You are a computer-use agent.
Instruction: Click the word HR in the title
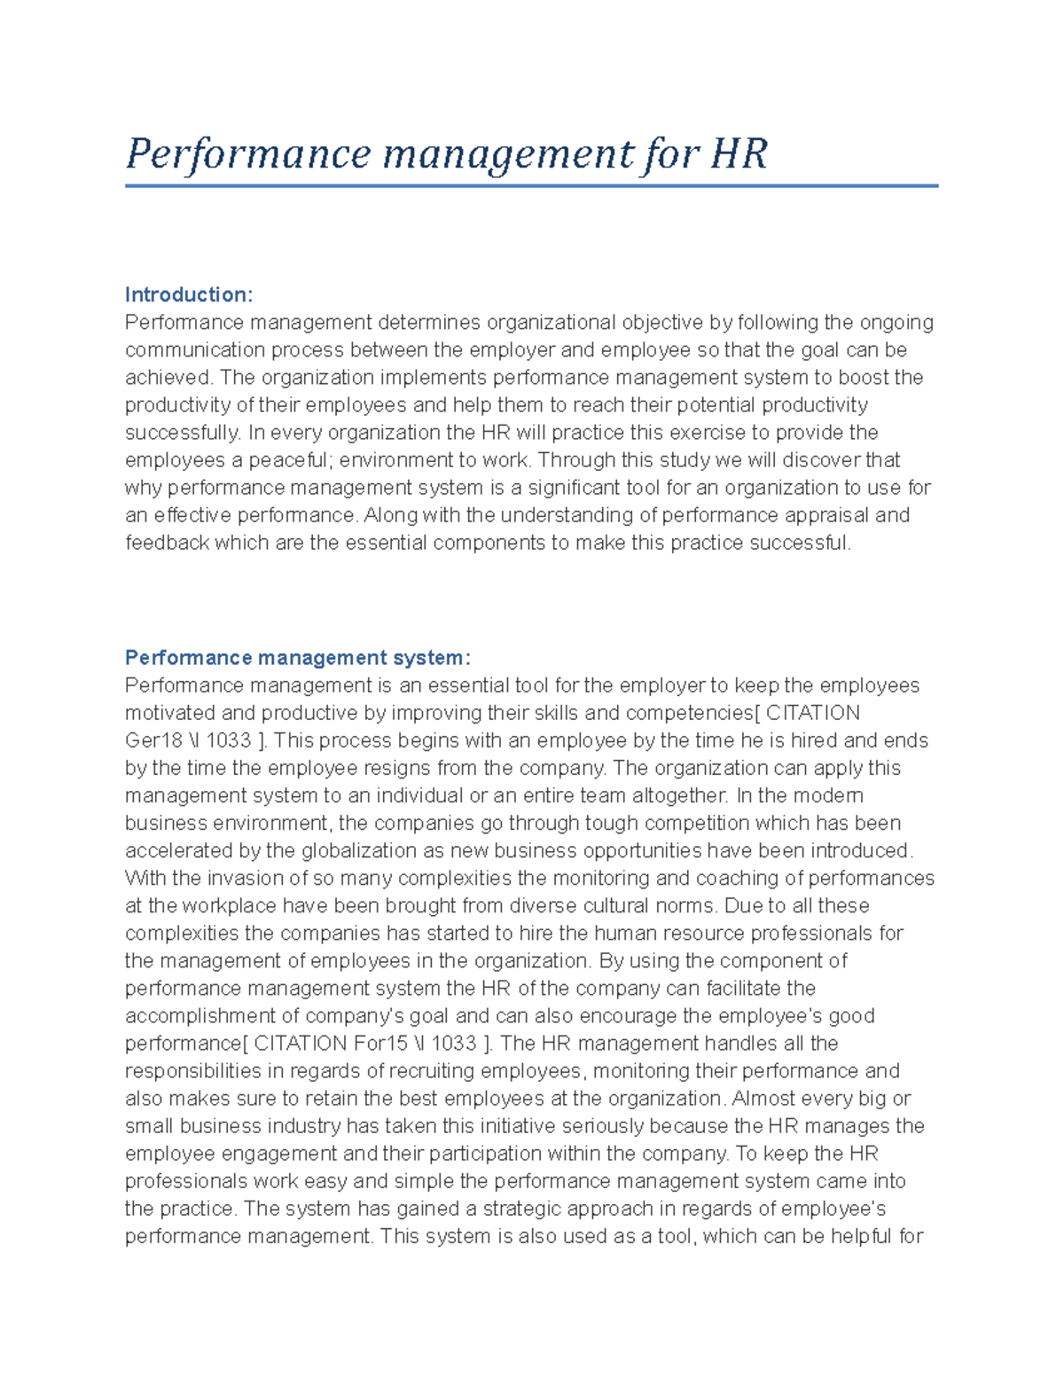(x=738, y=153)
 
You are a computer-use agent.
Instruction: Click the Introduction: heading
(x=189, y=294)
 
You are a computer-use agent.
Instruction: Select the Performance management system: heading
(x=298, y=658)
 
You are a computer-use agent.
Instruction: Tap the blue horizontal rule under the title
(x=532, y=186)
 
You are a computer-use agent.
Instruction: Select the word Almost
(x=763, y=1099)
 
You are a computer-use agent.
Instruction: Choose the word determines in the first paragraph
(x=429, y=322)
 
